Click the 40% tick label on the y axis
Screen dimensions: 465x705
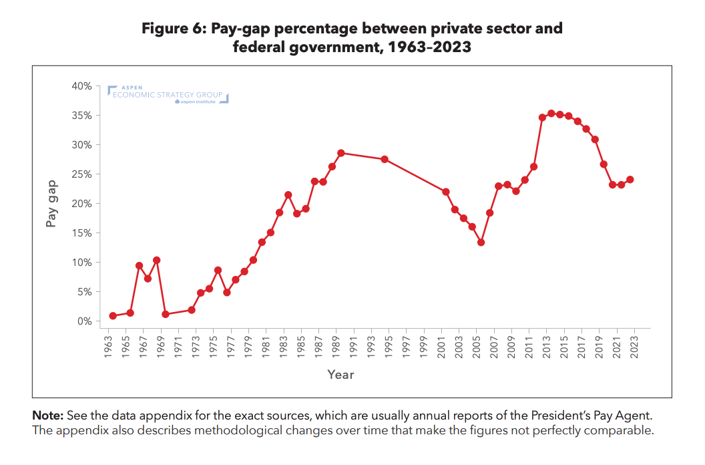click(82, 86)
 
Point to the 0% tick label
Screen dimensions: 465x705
click(85, 321)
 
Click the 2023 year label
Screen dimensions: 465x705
click(634, 345)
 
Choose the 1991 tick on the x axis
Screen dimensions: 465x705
click(353, 345)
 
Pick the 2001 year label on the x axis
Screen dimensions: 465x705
click(441, 345)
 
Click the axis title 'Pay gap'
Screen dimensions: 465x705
click(51, 202)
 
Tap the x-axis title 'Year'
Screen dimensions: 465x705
click(340, 374)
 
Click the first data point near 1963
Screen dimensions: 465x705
click(113, 316)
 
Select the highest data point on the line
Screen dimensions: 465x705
click(551, 114)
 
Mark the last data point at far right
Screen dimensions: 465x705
click(630, 180)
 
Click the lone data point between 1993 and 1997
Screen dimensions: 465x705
click(385, 159)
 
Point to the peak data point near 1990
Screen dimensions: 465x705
click(340, 153)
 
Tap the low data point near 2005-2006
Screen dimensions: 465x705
click(481, 243)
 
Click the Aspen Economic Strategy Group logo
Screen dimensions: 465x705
click(168, 95)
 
